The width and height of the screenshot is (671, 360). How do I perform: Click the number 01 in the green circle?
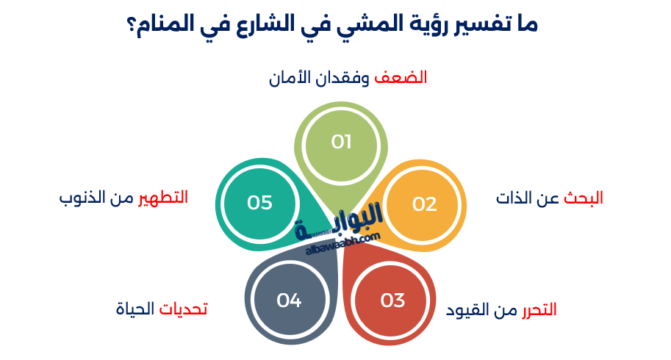point(341,142)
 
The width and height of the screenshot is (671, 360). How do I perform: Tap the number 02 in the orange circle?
point(424,204)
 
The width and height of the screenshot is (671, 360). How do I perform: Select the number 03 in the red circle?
point(392,300)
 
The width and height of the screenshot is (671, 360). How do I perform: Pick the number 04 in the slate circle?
point(289,300)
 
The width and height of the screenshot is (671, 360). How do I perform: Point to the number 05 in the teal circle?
point(259,203)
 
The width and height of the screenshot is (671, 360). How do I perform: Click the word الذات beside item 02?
point(514,198)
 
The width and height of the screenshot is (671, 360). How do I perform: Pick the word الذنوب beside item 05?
point(80,197)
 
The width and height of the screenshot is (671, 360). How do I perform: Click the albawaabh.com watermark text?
point(342,243)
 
